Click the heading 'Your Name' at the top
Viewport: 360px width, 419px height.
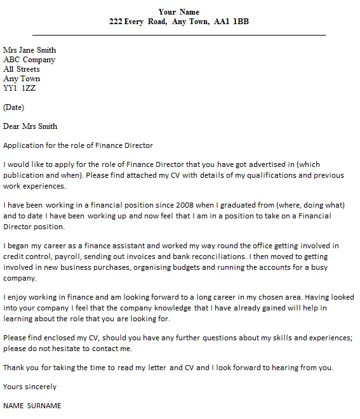coord(178,11)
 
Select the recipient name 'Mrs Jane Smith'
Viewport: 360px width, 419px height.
coord(30,50)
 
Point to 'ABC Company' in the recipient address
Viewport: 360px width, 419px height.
coord(30,60)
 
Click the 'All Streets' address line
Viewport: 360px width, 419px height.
coord(22,69)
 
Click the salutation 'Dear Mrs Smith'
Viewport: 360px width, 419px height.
coord(30,126)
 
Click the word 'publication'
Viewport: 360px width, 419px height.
coord(25,175)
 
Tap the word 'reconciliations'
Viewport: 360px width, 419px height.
coord(211,256)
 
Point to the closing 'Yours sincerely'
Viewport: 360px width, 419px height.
coord(30,386)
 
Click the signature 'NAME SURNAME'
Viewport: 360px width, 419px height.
coord(32,406)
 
